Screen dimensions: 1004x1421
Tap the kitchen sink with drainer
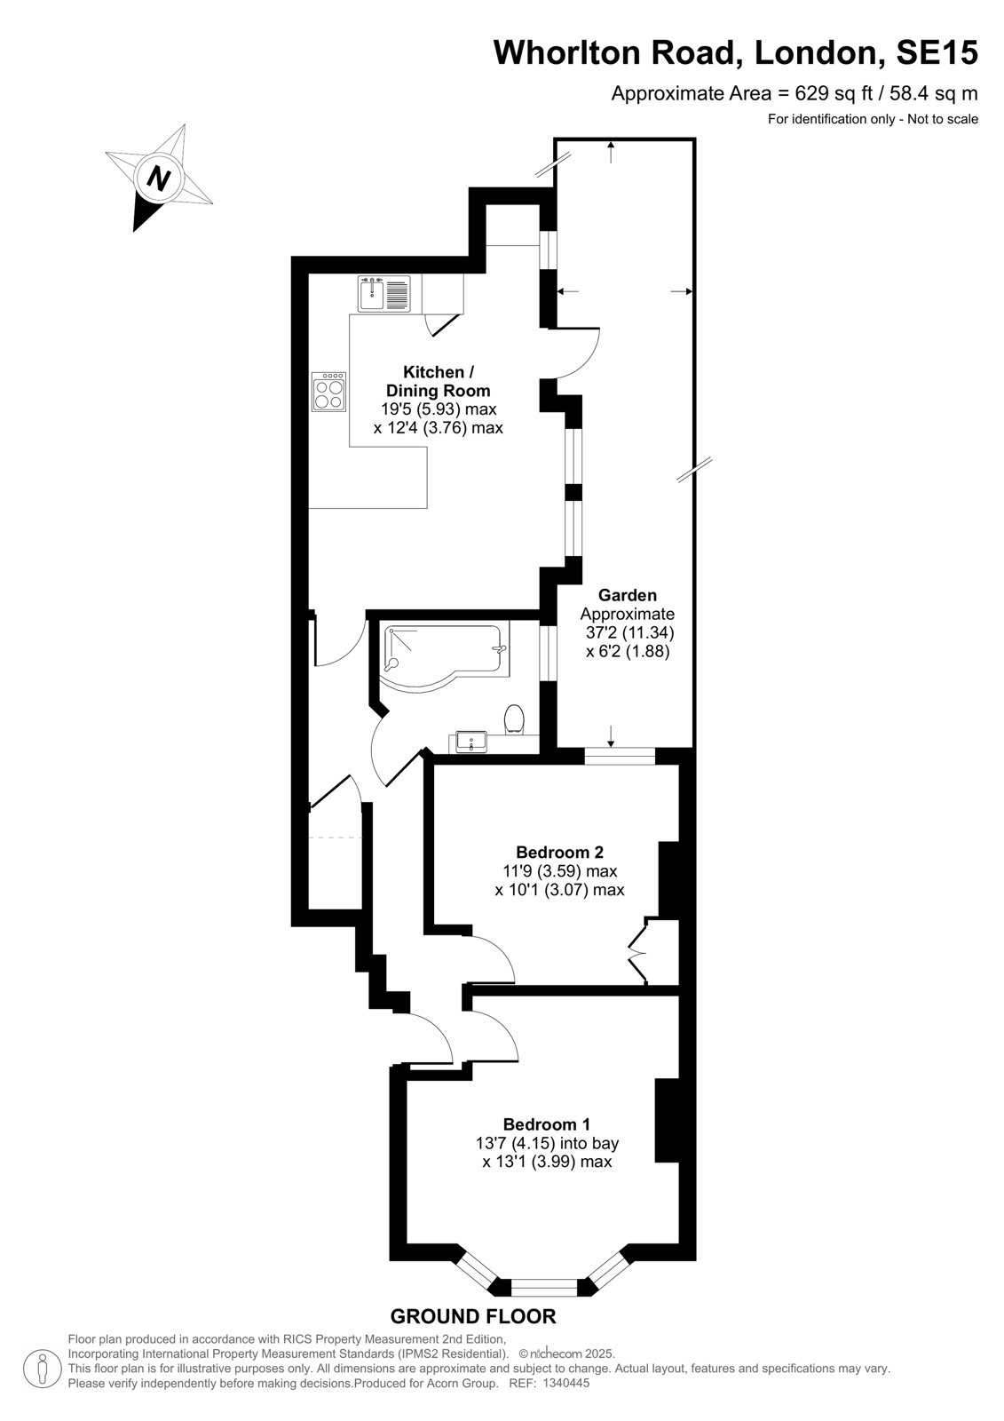click(x=383, y=294)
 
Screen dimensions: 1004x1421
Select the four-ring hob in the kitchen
click(x=329, y=392)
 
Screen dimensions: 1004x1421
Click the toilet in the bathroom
click(x=514, y=720)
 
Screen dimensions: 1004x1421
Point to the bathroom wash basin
click(x=470, y=742)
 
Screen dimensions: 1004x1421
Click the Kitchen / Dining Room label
click(x=439, y=381)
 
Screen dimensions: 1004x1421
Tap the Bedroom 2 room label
click(x=559, y=852)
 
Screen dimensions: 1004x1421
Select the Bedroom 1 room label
click(x=547, y=1124)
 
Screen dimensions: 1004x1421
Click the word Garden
click(x=628, y=595)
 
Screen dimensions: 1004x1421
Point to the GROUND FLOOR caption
click(x=473, y=1316)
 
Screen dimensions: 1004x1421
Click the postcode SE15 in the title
click(x=937, y=52)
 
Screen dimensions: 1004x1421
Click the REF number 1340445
click(x=565, y=1401)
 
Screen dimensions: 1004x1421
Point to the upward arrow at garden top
click(x=611, y=152)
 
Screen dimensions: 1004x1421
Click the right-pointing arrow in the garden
click(x=681, y=291)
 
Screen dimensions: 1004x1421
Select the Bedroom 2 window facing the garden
click(x=620, y=756)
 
